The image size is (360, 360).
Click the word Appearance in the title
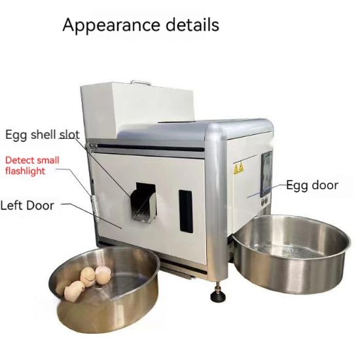[x=111, y=26]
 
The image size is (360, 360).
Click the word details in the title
[x=192, y=24]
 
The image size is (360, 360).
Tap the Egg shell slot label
[x=43, y=135]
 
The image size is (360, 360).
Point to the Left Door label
[x=27, y=206]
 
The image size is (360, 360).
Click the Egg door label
[x=312, y=185]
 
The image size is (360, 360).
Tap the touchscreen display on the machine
[x=266, y=174]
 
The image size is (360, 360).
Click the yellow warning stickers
[x=238, y=169]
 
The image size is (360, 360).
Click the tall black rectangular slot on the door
[x=185, y=211]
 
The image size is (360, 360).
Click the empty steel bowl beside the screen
[x=291, y=254]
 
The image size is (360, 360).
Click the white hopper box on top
[x=136, y=107]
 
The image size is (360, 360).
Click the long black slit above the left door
[x=151, y=148]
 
